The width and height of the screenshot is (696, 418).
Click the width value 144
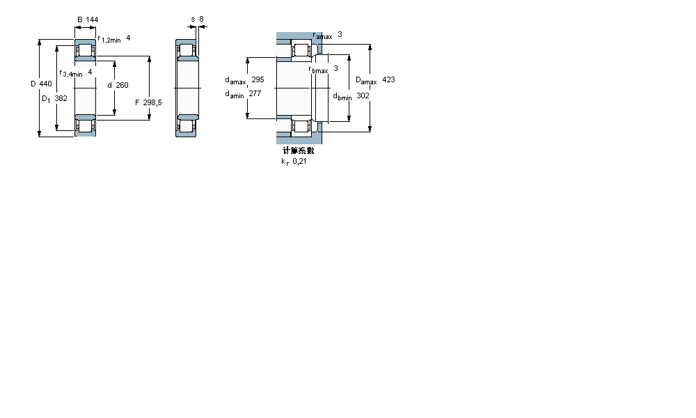point(92,20)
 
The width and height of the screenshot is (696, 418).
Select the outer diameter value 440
point(45,84)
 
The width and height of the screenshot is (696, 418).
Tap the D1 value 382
point(61,99)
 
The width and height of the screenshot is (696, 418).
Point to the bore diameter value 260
point(122,85)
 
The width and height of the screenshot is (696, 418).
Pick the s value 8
point(201,20)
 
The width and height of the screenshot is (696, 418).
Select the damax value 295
point(258,80)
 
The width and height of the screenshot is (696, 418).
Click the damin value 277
point(255,93)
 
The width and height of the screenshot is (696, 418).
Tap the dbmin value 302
point(363,95)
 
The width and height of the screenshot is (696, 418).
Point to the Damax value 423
point(388,80)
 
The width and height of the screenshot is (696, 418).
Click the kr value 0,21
point(299,161)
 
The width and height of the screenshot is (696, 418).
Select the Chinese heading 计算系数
point(299,150)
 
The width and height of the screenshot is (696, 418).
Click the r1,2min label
point(109,40)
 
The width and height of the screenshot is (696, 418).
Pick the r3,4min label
point(71,73)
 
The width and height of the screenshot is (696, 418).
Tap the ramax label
point(322,36)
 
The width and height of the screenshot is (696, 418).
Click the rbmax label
point(318,69)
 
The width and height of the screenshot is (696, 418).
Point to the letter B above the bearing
point(79,20)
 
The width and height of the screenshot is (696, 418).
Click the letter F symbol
point(137,103)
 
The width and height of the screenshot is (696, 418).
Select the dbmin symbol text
point(342,97)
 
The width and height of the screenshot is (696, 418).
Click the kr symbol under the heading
point(284,162)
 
